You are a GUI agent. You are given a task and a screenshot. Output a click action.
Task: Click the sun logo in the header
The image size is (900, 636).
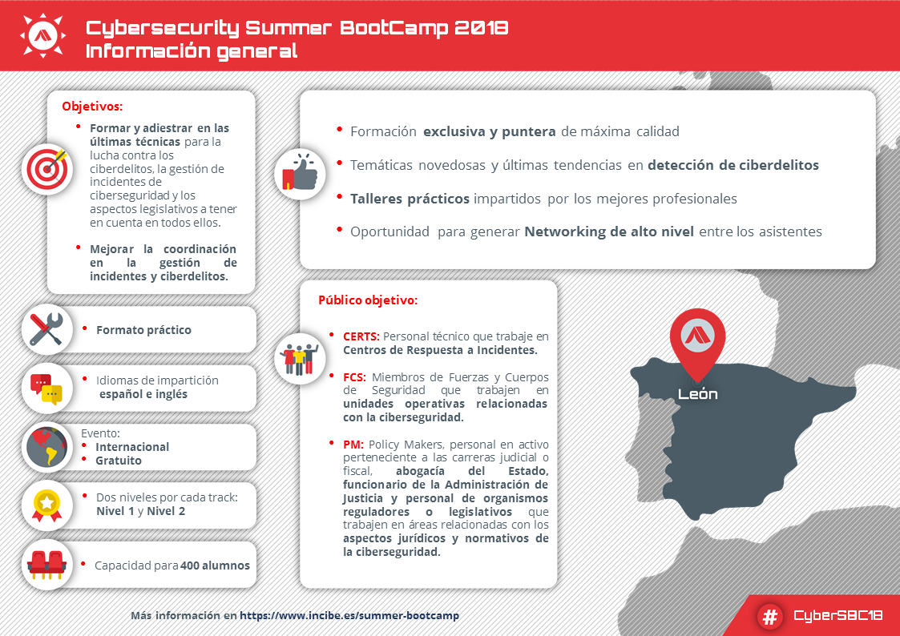[42, 34]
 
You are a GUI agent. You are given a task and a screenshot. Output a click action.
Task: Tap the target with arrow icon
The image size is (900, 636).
[47, 168]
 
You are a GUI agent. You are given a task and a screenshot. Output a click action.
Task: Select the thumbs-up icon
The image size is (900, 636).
[300, 174]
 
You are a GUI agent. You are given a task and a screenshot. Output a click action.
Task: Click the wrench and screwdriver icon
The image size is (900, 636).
[46, 329]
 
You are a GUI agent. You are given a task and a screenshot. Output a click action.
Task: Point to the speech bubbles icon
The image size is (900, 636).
[46, 388]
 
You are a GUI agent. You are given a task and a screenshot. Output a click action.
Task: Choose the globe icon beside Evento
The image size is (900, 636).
[46, 447]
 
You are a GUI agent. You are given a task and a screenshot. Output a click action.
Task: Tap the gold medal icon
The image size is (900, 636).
[46, 505]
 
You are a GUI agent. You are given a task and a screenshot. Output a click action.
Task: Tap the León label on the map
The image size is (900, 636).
[697, 394]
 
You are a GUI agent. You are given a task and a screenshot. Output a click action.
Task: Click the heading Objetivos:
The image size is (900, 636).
[92, 106]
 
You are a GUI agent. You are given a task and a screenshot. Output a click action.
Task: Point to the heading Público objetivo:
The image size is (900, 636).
[368, 301]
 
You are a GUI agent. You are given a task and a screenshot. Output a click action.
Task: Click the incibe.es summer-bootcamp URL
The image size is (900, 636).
[349, 616]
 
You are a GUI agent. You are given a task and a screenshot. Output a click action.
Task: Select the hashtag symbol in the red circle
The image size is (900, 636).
[770, 616]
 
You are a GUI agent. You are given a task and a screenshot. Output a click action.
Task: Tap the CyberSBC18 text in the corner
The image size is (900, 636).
[837, 616]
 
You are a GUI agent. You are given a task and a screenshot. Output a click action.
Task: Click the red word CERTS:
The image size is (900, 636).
[361, 337]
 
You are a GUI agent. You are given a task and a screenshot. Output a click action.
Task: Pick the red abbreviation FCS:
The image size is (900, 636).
[354, 376]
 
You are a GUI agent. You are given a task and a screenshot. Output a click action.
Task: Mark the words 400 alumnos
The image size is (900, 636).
[216, 566]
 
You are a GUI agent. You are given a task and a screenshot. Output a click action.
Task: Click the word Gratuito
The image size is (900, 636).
[119, 461]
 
